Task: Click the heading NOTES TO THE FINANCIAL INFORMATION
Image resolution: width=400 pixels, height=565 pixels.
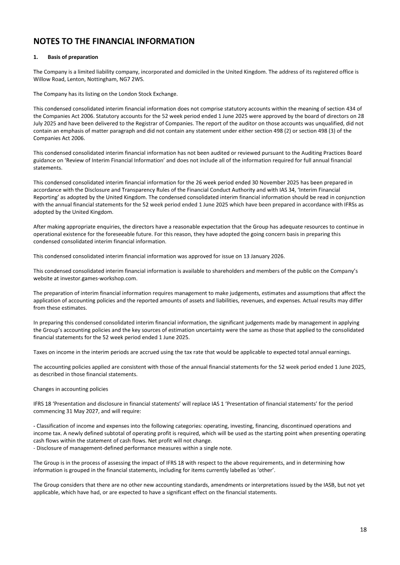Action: point(113,41)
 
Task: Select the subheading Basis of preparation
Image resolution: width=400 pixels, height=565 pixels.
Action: point(73,57)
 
